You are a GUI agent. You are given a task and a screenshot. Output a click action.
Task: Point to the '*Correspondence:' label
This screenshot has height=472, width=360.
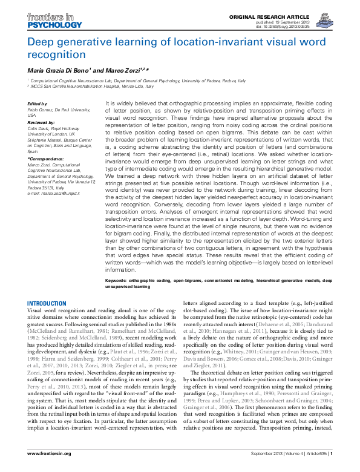(44, 158)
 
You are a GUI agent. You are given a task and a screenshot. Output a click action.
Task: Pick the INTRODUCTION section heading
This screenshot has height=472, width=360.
(47, 303)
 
